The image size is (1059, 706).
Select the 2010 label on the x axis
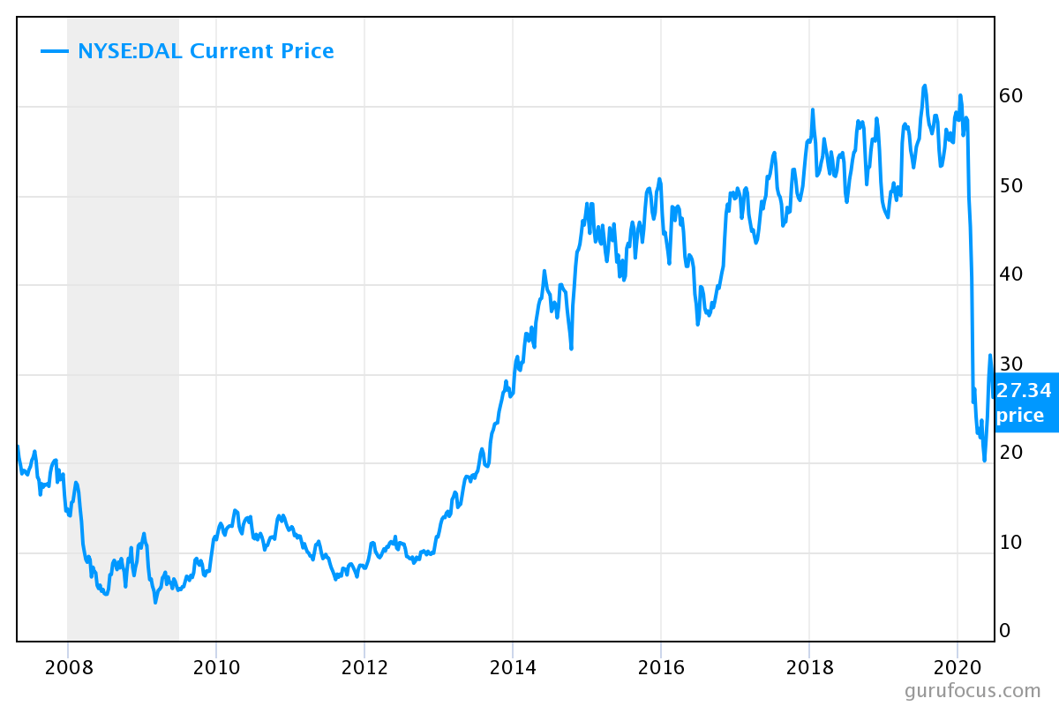tap(216, 666)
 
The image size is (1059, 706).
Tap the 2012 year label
tap(364, 666)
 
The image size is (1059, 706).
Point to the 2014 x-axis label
tap(513, 666)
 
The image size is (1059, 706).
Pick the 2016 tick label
tap(661, 666)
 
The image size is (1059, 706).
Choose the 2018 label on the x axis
tap(809, 666)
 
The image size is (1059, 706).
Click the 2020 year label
tap(958, 666)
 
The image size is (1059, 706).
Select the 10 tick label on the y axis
tap(1010, 542)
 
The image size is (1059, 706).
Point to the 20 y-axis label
tap(1010, 452)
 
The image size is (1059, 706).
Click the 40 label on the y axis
tap(1010, 274)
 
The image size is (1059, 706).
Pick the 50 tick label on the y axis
tap(1010, 185)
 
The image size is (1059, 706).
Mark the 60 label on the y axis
tap(1010, 96)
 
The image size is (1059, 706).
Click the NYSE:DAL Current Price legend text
tap(206, 51)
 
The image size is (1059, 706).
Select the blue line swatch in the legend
tap(55, 51)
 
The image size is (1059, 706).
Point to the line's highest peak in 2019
tap(924, 86)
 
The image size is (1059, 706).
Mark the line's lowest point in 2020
tap(984, 460)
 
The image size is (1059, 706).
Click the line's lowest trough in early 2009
tap(155, 602)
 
